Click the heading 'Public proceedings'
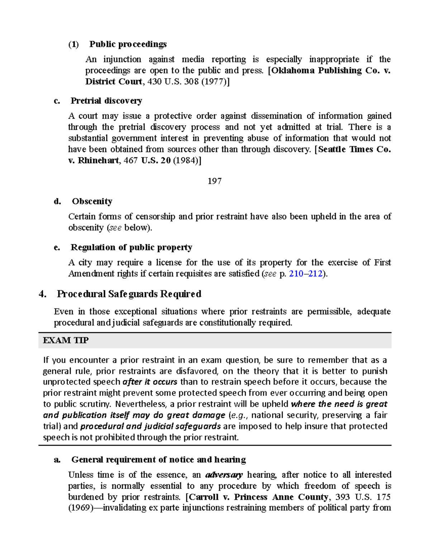[128, 44]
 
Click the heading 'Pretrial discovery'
[106, 101]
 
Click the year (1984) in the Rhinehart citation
[185, 160]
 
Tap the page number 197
[214, 181]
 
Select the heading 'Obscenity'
[92, 201]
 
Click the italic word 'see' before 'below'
[115, 228]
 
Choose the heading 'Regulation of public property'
[131, 247]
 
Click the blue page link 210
[296, 274]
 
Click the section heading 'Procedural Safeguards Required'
[129, 294]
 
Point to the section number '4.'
[43, 294]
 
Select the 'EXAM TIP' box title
[66, 340]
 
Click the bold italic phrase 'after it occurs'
[150, 382]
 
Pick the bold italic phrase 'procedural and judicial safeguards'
[150, 426]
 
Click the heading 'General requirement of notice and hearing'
[158, 459]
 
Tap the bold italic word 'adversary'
[224, 475]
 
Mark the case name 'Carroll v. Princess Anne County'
[258, 497]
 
